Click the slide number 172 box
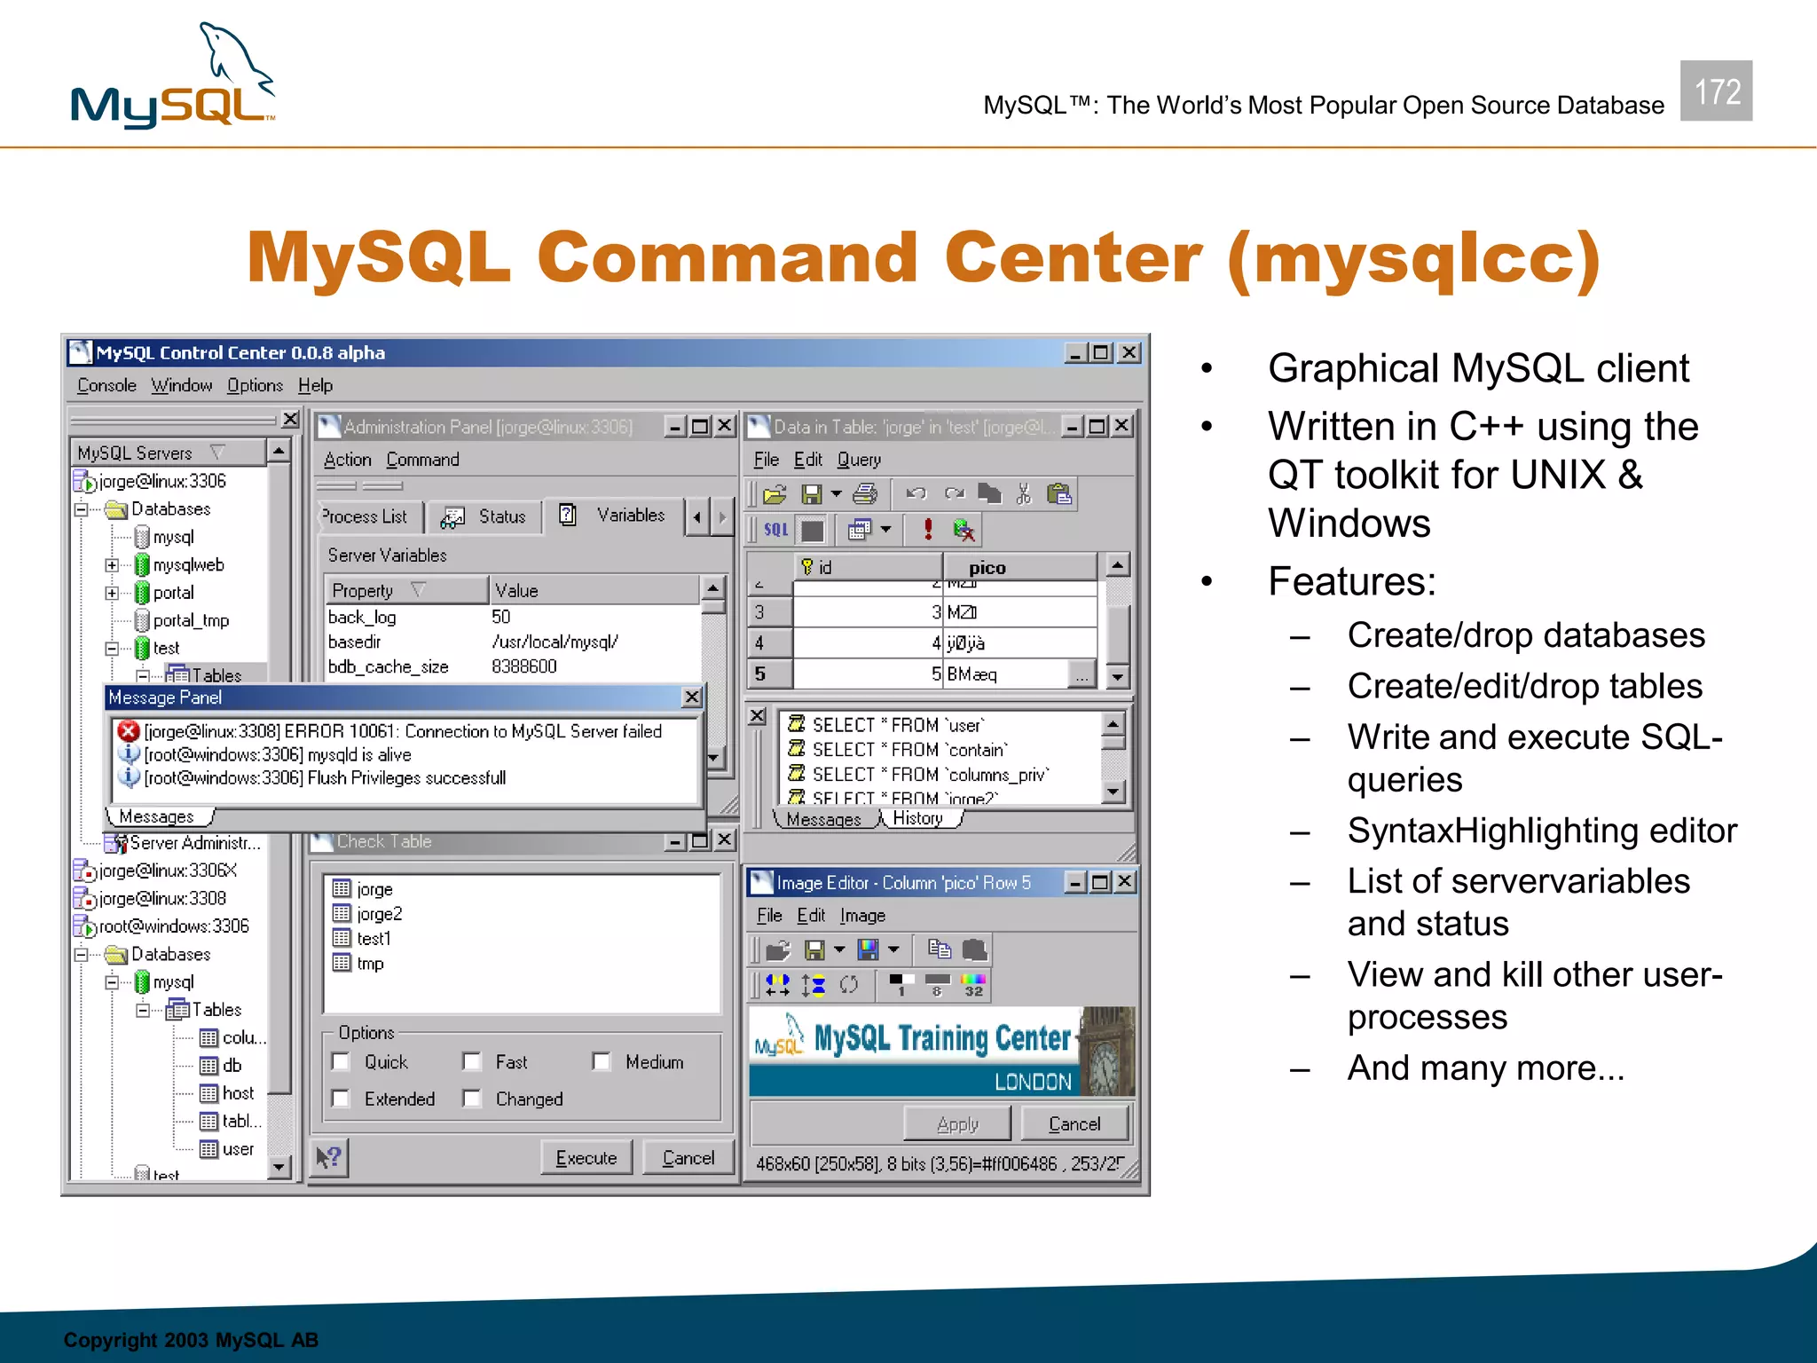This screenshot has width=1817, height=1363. tap(1716, 91)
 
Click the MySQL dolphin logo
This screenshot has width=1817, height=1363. tap(173, 78)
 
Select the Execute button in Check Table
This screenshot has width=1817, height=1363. tap(586, 1158)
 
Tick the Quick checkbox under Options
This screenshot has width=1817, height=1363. tap(341, 1062)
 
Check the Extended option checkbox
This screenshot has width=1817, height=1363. tap(341, 1099)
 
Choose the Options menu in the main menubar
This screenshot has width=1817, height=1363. tap(255, 385)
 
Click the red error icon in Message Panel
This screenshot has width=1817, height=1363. tap(129, 731)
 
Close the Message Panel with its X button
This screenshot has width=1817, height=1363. tap(692, 697)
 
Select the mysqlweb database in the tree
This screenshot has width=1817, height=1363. tap(188, 565)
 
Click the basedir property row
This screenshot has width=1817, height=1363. tap(355, 642)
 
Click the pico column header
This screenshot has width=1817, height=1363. tap(987, 568)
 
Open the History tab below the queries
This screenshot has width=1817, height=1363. tap(917, 818)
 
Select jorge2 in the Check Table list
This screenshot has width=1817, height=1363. tap(379, 914)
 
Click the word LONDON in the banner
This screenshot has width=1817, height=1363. tap(1033, 1082)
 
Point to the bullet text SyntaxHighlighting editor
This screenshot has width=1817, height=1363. tap(1541, 831)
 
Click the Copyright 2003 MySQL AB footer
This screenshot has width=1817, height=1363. tap(191, 1340)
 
